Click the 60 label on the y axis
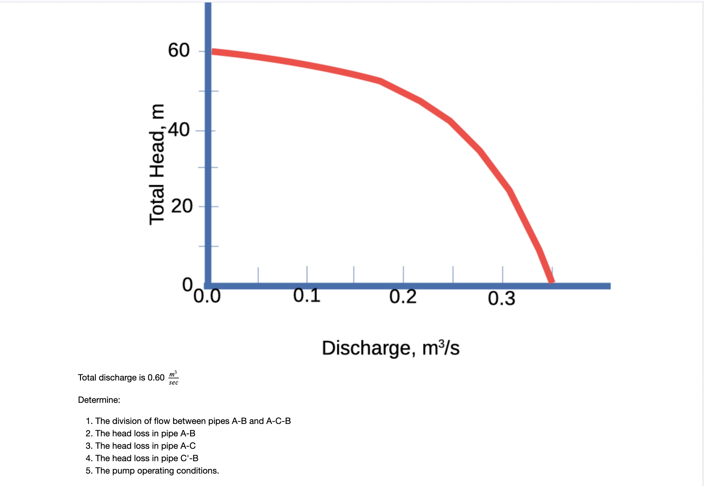179,50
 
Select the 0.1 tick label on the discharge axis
307,295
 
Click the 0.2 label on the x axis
403,297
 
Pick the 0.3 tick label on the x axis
501,299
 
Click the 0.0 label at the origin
207,296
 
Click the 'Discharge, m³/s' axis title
390,348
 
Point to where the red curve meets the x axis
551,281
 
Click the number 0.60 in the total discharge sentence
156,378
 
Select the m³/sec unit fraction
173,378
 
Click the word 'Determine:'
99,400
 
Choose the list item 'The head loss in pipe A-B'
145,434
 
